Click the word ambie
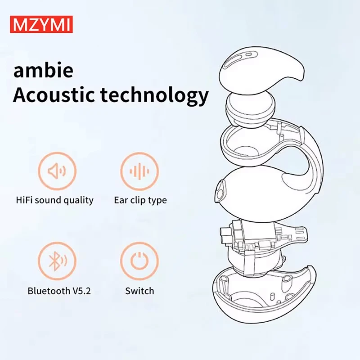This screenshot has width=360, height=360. (43, 72)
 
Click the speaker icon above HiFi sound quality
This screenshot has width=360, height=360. (57, 171)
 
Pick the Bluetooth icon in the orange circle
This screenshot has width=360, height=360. (57, 261)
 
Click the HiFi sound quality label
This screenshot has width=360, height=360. (54, 200)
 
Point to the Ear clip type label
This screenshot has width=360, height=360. (140, 200)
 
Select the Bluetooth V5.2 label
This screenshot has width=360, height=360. (59, 291)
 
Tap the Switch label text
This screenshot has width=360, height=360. (139, 291)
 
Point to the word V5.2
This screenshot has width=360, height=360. (81, 291)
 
